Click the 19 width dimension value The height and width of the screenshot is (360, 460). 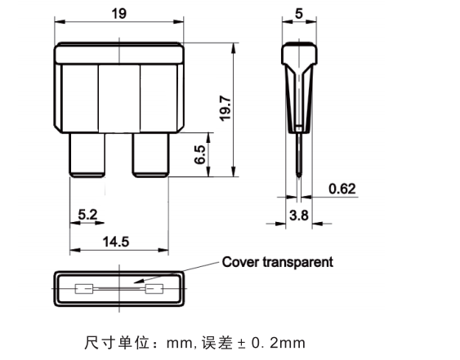118,14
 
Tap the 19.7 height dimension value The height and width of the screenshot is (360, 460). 226,108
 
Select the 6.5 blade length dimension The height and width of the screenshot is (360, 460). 200,154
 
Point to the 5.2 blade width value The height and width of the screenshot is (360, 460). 87,215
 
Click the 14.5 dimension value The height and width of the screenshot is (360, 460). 116,242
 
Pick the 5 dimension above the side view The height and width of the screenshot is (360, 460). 299,14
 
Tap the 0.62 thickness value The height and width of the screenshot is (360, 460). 342,189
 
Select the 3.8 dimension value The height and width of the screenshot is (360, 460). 299,216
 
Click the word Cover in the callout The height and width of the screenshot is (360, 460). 240,262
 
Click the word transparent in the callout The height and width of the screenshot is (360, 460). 297,262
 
